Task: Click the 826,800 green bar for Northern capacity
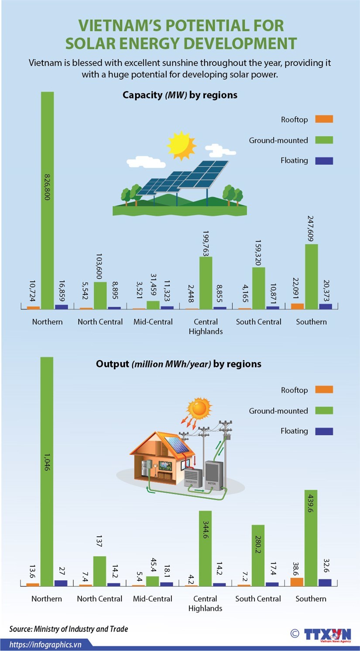tap(48, 200)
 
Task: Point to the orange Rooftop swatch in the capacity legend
tap(324, 119)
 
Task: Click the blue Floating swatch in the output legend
tap(324, 431)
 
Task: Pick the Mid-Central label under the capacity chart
tap(153, 322)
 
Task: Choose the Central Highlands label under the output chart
tap(205, 603)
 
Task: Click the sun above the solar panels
tap(181, 145)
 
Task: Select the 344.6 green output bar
tap(205, 548)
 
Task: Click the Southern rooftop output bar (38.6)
tap(297, 582)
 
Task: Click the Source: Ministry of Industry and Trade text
tap(69, 629)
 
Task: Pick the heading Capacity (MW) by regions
tap(180, 95)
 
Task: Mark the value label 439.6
tap(311, 503)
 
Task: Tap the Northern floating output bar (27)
tap(61, 583)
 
